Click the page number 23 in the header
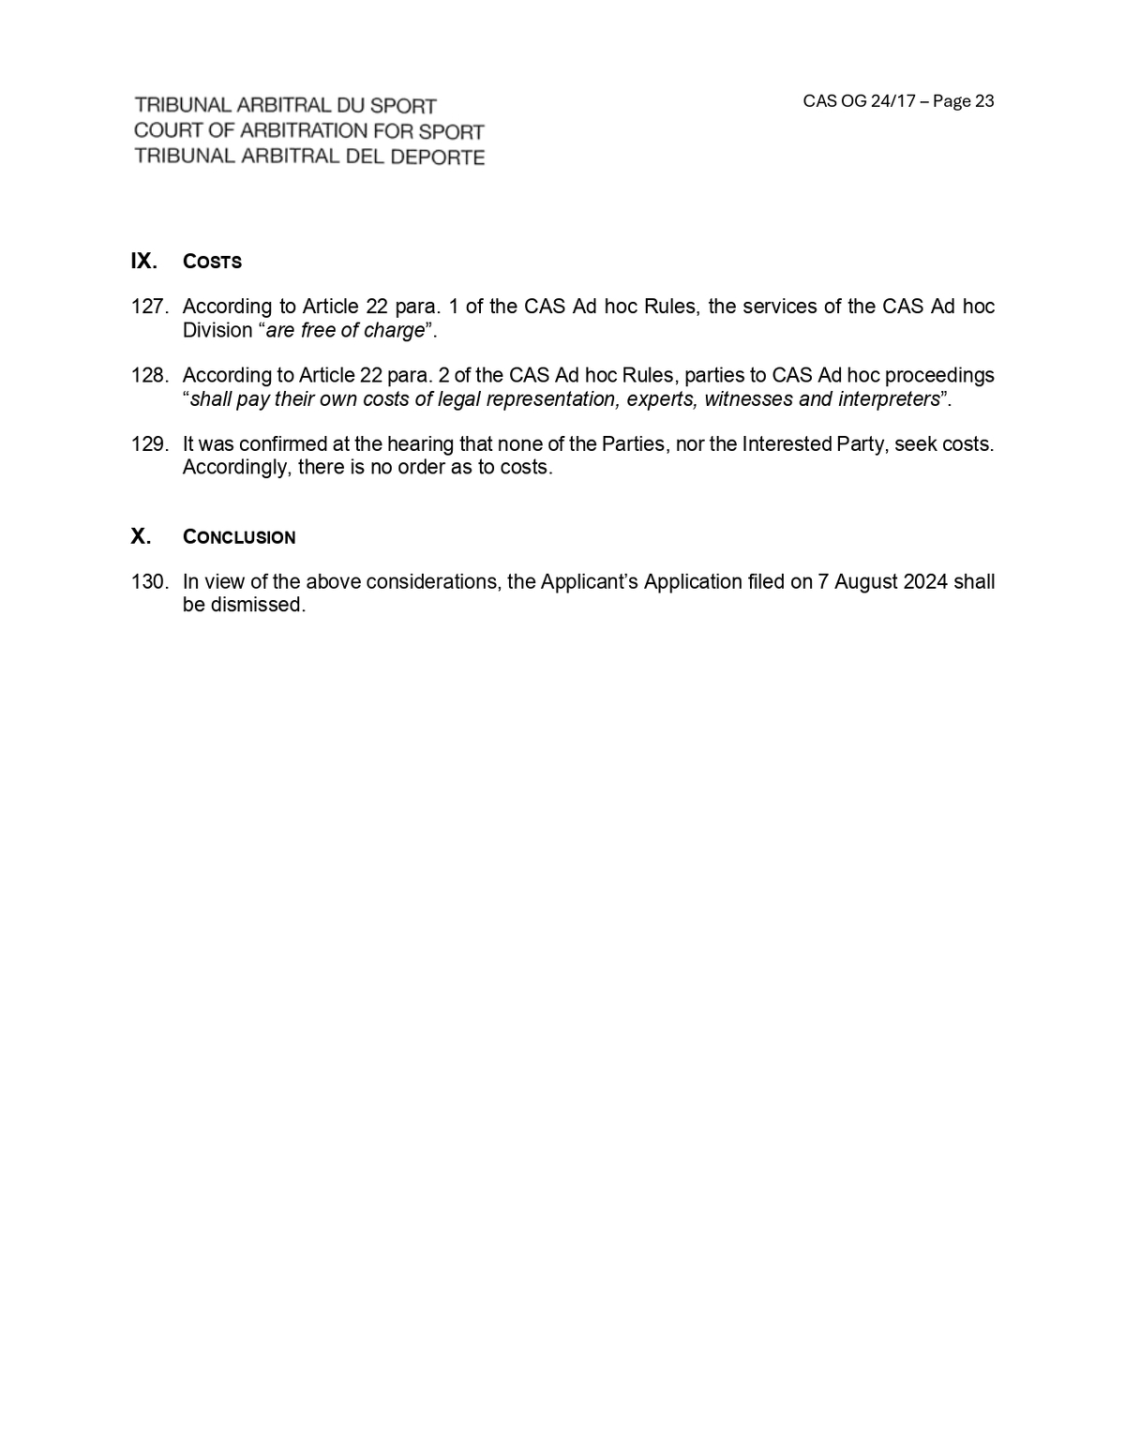(x=984, y=101)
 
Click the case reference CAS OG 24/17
(x=859, y=101)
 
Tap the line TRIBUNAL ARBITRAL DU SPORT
(x=285, y=106)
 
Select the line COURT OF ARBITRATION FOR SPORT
(x=308, y=131)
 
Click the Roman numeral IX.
(x=143, y=261)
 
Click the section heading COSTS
(x=212, y=262)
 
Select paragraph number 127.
(x=149, y=307)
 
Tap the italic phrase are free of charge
(x=345, y=330)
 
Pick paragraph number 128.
(x=149, y=375)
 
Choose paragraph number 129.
(x=149, y=443)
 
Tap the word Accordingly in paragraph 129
(x=235, y=467)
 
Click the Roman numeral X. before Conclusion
(x=141, y=536)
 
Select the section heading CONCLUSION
(x=239, y=537)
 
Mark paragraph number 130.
(x=149, y=581)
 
